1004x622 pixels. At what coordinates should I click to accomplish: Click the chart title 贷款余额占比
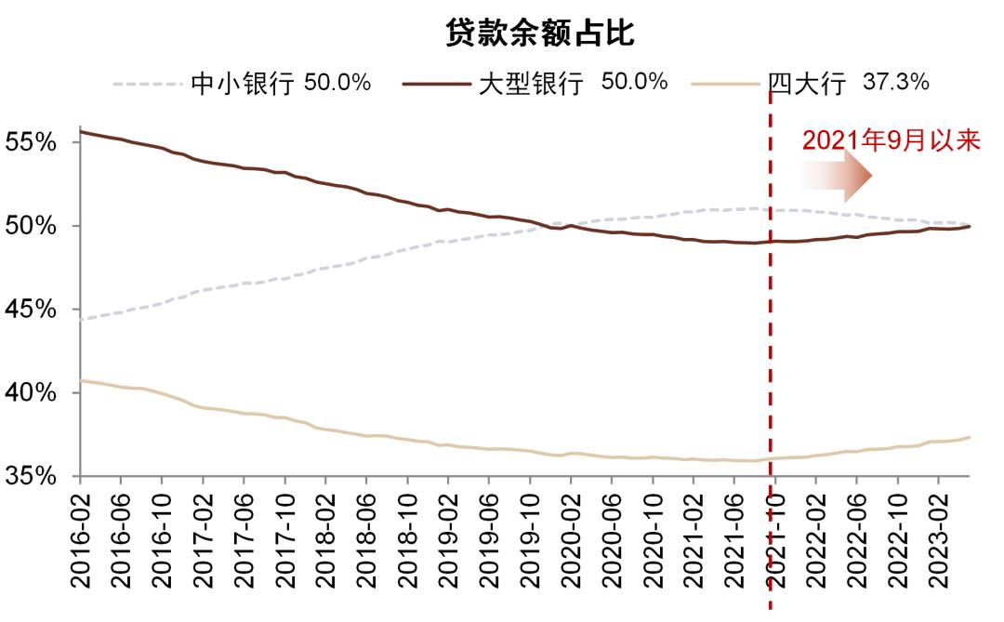tap(539, 34)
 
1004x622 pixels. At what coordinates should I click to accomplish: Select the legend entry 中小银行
tap(242, 84)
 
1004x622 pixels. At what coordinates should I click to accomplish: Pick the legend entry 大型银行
tap(531, 84)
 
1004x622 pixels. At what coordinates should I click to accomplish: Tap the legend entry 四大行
tap(807, 84)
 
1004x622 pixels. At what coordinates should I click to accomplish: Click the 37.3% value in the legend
tap(896, 83)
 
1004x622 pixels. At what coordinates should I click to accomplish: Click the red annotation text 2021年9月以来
tap(892, 140)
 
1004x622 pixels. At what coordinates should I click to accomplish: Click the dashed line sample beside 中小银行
tap(147, 84)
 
